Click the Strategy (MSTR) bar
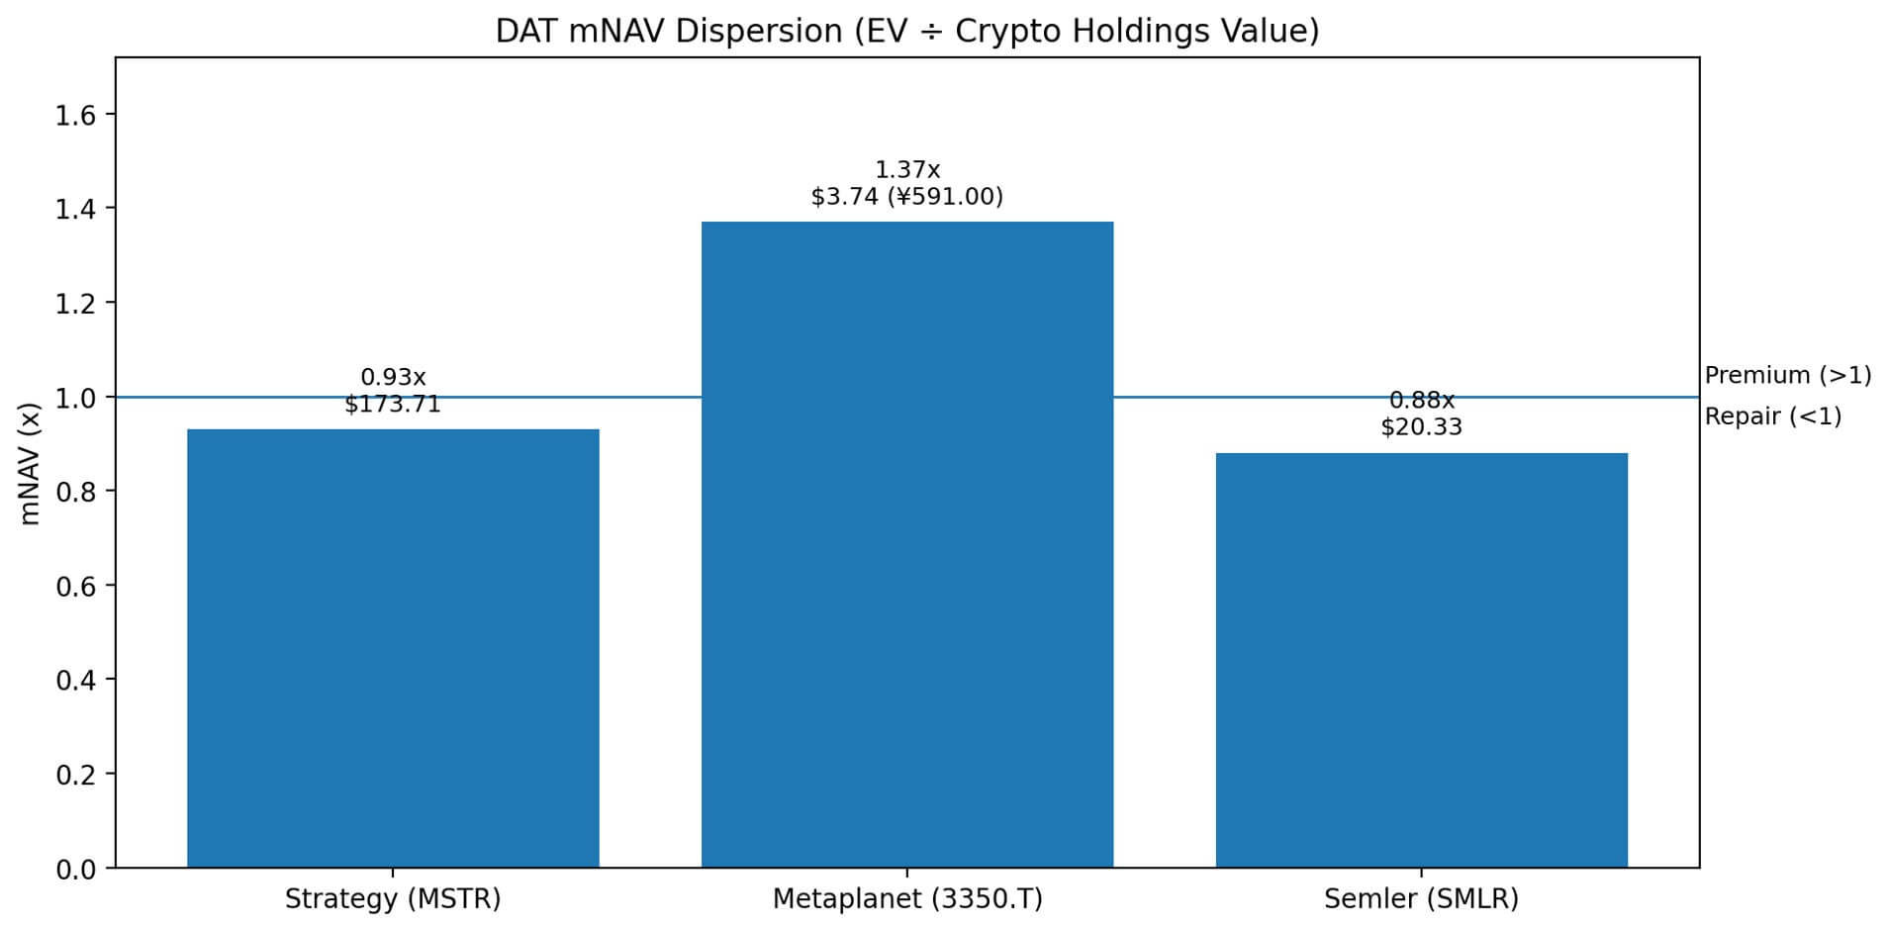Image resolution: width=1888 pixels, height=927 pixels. tap(393, 648)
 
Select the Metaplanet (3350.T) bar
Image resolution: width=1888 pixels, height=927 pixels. tap(906, 544)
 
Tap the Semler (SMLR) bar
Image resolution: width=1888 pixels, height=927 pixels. tap(1421, 660)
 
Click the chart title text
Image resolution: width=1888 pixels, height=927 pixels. tap(906, 32)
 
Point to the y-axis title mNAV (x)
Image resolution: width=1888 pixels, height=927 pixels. tap(30, 463)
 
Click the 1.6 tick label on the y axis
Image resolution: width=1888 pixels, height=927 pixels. tap(76, 116)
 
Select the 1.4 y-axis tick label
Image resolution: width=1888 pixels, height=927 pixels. tap(76, 209)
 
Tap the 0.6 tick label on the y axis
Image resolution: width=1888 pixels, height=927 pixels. tap(76, 586)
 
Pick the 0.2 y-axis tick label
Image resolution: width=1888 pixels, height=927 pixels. tap(76, 775)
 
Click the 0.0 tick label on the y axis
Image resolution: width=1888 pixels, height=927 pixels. tap(76, 869)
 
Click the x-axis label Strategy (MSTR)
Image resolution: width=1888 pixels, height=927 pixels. tap(393, 899)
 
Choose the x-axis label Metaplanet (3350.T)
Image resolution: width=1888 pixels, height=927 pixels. tap(906, 899)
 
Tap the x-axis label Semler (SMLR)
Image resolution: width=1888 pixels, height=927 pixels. tap(1421, 899)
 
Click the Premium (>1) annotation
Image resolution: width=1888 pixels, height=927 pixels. tap(1787, 376)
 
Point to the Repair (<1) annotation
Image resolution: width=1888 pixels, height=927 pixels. tap(1772, 417)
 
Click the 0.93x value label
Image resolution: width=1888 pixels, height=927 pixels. tap(393, 378)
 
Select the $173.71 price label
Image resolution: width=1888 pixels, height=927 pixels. tap(393, 405)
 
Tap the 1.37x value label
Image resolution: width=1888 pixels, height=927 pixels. tap(906, 170)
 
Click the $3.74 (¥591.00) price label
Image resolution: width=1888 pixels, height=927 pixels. tap(906, 197)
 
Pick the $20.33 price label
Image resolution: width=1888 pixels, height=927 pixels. tap(1421, 427)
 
